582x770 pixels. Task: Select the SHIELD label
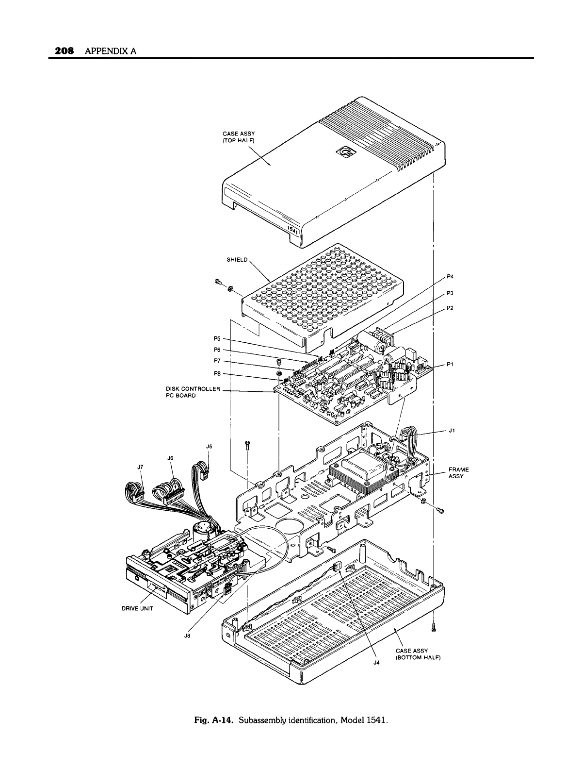tap(237, 260)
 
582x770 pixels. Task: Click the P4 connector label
tap(450, 277)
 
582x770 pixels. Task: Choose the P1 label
tap(450, 365)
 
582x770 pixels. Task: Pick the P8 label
tap(217, 373)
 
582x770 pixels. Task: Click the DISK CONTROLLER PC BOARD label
tap(193, 392)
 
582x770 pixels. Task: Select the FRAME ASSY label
tap(458, 473)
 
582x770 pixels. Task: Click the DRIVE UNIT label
tap(135, 610)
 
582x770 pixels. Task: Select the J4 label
tap(376, 661)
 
